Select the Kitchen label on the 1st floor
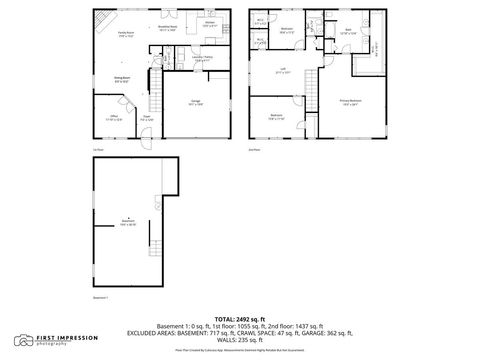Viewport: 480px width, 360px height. [210, 23]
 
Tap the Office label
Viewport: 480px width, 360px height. [114, 116]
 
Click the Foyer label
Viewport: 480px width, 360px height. [146, 118]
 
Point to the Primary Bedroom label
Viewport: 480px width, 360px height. [351, 102]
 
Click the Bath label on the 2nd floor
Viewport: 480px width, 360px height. [349, 30]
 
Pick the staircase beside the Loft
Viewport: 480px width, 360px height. [310, 91]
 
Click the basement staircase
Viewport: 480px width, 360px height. [155, 247]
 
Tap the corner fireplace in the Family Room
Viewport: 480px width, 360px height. [100, 18]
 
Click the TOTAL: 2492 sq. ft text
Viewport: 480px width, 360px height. [240, 317]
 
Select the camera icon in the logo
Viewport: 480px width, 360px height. [22, 341]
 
